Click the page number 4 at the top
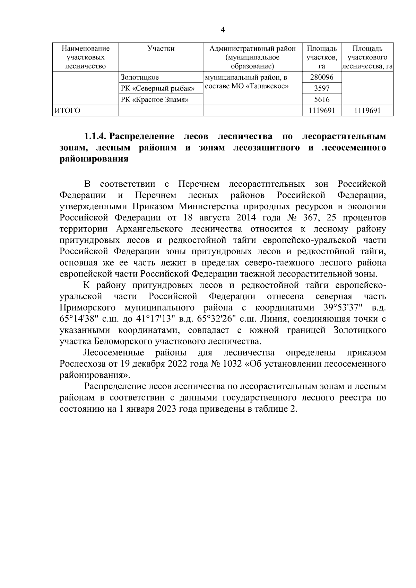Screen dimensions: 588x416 point(223,30)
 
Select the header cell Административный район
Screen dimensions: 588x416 point(253,49)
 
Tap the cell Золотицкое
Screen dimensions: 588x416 point(140,78)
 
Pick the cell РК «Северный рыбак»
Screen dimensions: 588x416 point(158,89)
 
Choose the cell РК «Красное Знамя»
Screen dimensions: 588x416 point(155,100)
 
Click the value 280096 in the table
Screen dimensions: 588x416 point(321,78)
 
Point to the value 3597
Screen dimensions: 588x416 point(321,89)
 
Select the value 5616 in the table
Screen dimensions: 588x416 point(321,100)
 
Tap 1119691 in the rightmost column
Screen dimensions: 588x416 point(367,111)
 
